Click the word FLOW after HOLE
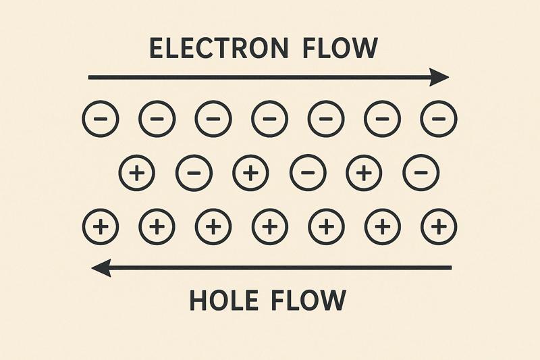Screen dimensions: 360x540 (308, 300)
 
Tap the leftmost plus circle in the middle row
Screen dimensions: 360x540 (137, 174)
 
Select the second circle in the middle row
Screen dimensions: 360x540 (193, 174)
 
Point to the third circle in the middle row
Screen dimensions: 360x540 (250, 174)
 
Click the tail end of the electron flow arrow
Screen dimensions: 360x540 (90, 78)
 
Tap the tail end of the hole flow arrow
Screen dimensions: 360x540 (450, 269)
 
